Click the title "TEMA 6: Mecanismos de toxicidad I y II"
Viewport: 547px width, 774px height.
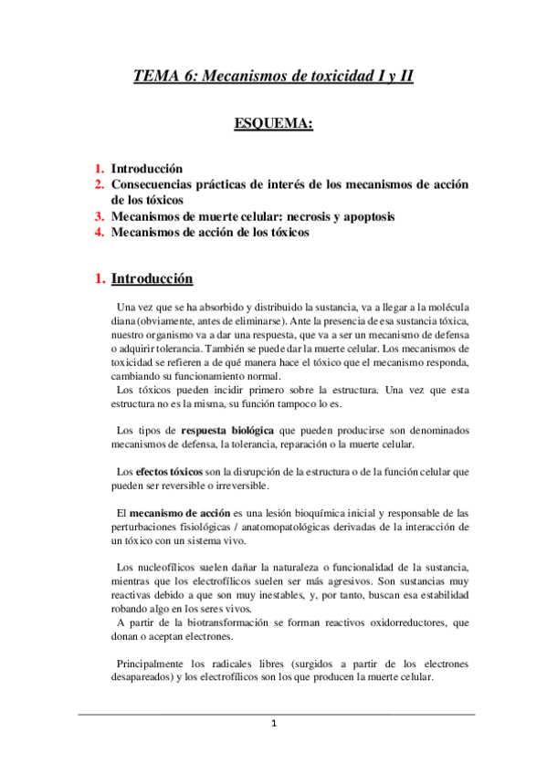274,78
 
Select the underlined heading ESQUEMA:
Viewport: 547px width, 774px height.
273,123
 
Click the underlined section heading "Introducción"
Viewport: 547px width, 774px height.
152,277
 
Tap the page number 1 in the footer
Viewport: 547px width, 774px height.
273,724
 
